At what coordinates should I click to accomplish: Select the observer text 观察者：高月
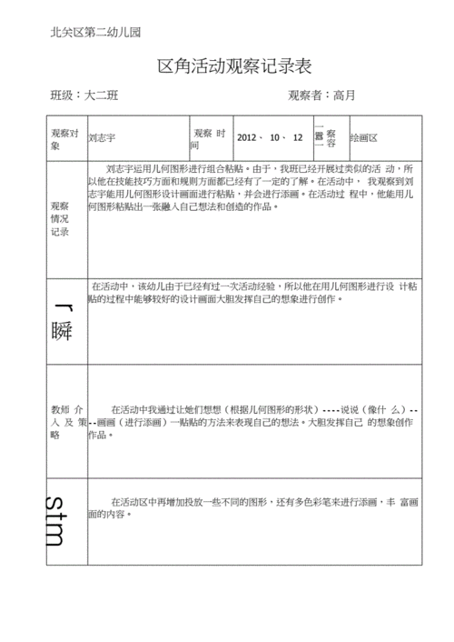click(321, 95)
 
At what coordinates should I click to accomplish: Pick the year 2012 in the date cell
click(247, 137)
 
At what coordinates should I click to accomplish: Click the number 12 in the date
click(298, 137)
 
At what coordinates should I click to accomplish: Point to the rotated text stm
click(56, 523)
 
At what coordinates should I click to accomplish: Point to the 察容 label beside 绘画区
click(331, 137)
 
